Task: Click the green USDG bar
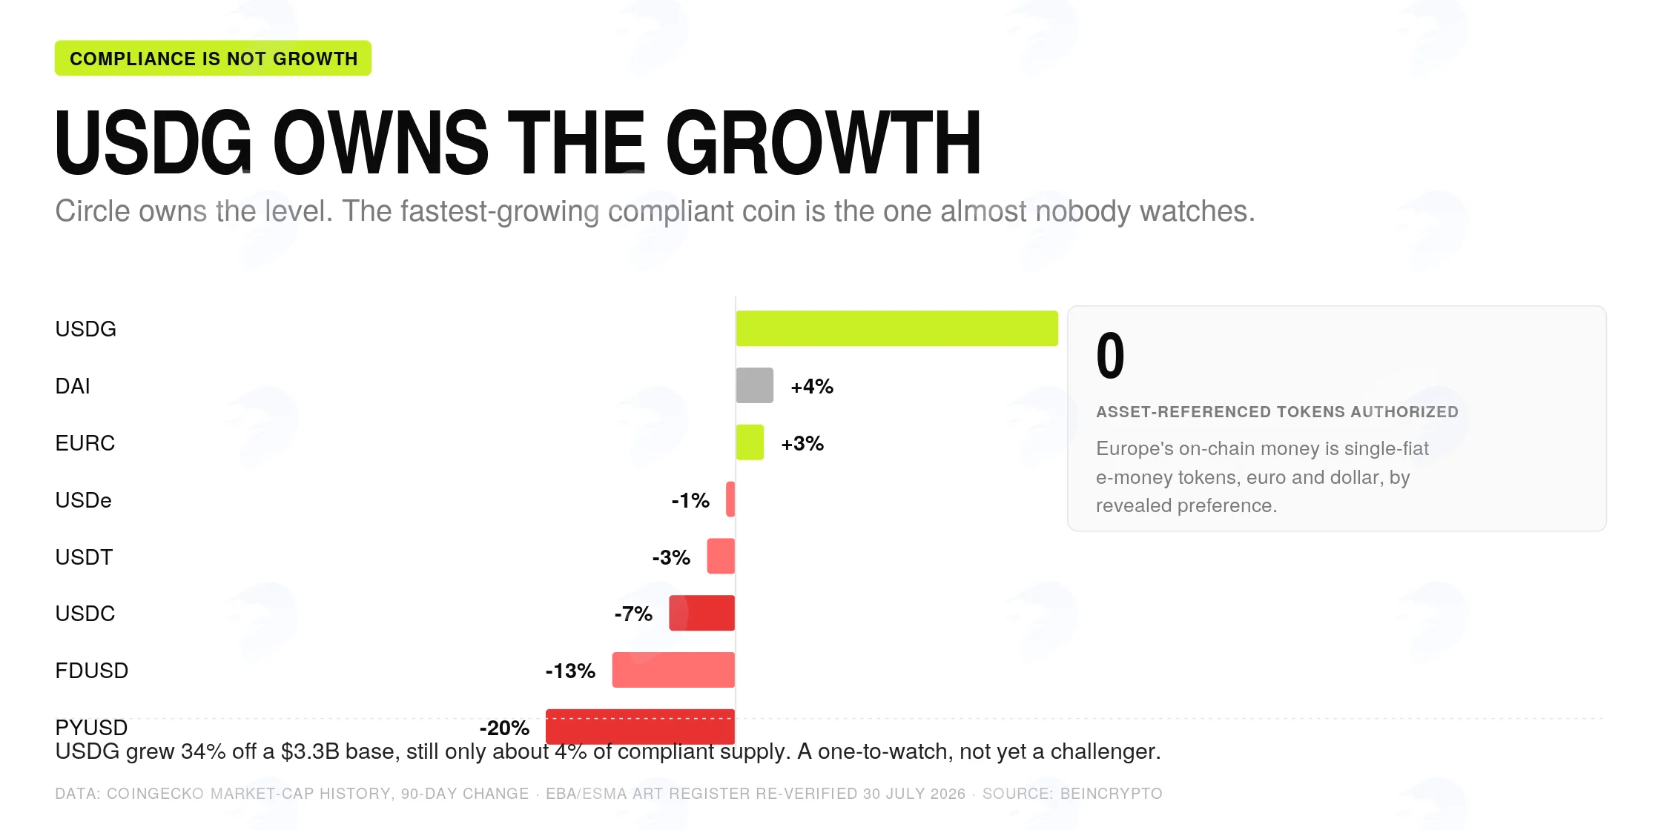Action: tap(896, 328)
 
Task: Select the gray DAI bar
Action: tap(754, 385)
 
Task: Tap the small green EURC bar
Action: tap(750, 442)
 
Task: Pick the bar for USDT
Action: tap(721, 556)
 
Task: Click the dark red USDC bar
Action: tap(701, 613)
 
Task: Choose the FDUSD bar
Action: tap(673, 670)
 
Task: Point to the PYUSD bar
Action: tap(640, 726)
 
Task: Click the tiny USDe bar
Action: tap(730, 499)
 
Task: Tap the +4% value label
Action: tap(812, 386)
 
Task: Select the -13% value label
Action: tap(570, 671)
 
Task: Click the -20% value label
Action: tap(504, 728)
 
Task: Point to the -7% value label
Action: tap(633, 614)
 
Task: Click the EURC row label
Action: tap(85, 443)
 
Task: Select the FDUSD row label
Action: tap(92, 671)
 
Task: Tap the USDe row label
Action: tap(84, 500)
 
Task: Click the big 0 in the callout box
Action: tap(1110, 356)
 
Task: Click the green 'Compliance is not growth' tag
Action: tap(213, 58)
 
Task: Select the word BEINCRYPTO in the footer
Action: tap(1112, 794)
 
